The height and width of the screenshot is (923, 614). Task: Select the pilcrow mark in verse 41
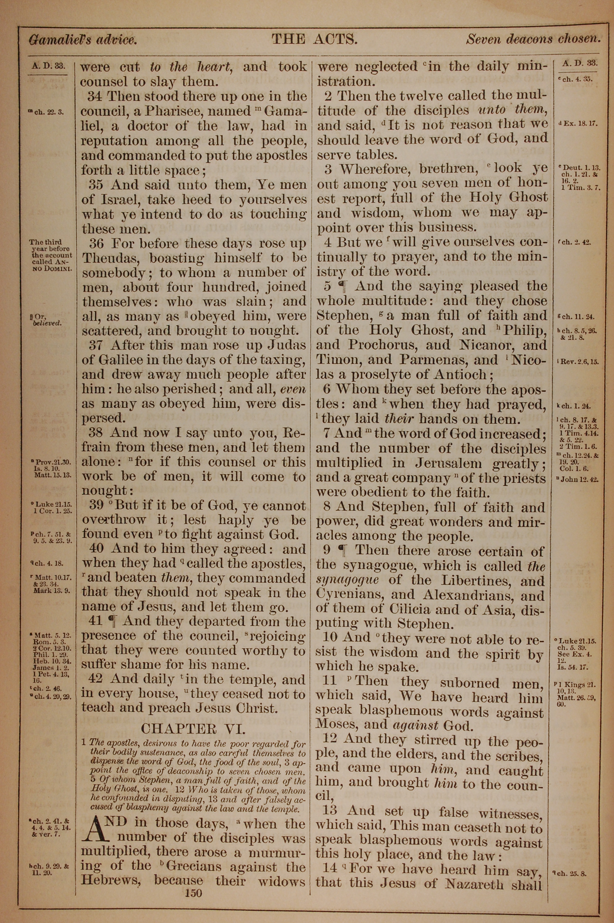click(x=116, y=621)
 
